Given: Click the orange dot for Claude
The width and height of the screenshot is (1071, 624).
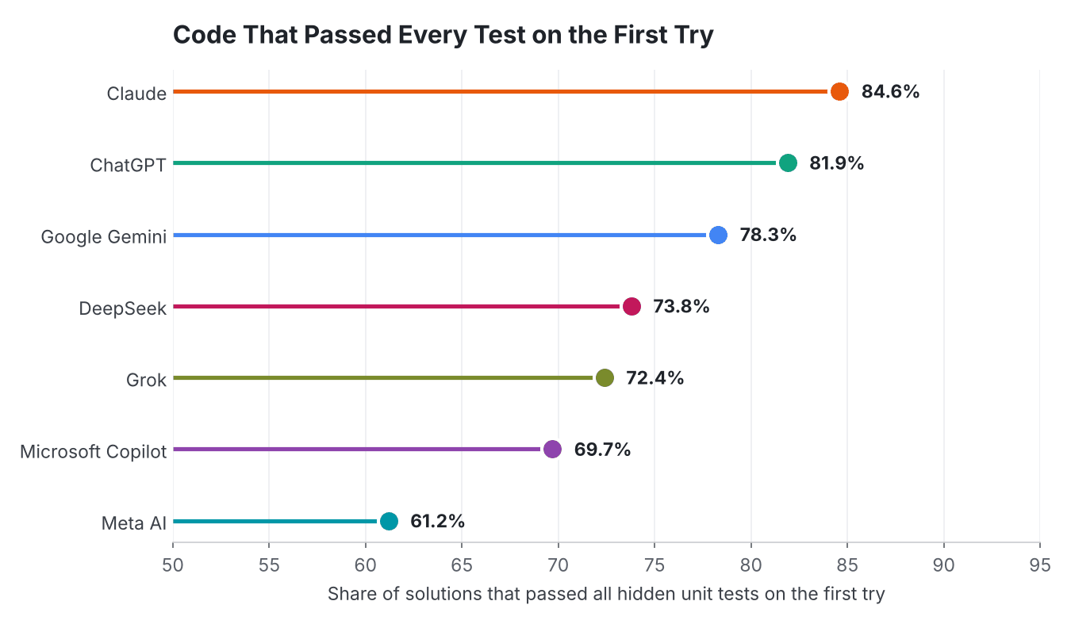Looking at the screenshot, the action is pos(839,91).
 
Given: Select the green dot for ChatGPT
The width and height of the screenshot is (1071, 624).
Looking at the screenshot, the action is pos(788,163).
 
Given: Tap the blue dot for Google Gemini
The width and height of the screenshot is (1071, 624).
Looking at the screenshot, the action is pos(718,235).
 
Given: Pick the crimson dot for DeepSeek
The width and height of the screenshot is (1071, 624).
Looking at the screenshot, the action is pos(631,306).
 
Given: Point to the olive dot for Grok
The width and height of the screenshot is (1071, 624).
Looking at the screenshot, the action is pos(605,378).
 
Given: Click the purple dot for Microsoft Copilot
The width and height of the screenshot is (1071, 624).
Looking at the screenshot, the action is pos(552,449).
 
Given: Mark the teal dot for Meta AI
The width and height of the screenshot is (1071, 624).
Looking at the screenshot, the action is pos(389,521).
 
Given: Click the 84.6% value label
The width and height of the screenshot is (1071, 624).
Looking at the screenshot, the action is pos(890,91).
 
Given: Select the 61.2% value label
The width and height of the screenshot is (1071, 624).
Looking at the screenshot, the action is pos(437,521).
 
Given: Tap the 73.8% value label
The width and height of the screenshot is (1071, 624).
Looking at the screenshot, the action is pos(681,306).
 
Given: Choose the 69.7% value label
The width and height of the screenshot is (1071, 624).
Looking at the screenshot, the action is pos(602,449).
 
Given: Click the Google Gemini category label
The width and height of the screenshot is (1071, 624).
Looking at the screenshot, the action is pos(104,237).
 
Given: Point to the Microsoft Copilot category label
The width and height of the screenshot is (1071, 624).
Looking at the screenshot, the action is pos(94,451).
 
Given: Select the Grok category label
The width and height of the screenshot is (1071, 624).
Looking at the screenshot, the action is pos(146,380).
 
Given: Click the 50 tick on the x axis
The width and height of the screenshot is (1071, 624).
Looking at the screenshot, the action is pos(173,565).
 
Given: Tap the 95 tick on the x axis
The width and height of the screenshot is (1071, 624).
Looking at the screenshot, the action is pos(1040,565).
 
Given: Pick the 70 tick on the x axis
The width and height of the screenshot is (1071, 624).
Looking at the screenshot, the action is pos(558,565).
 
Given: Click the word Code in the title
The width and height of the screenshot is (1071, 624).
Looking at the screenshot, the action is pos(205,35).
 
